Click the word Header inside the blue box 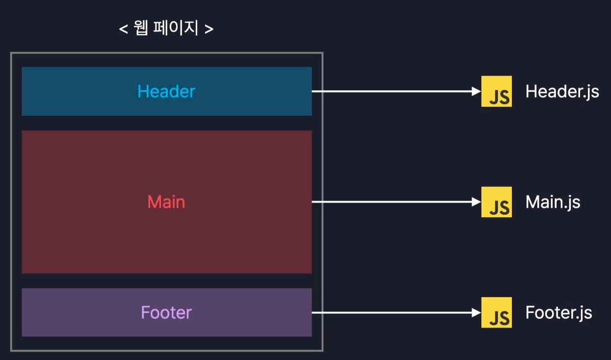coord(166,91)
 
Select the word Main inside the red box coord(166,202)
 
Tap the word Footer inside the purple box coord(166,312)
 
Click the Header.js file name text coord(562,92)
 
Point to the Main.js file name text coord(553,202)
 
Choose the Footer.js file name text coord(558,312)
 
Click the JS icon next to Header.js coord(496,91)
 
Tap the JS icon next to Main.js coord(496,202)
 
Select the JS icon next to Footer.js coord(496,312)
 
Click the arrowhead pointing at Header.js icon coord(476,91)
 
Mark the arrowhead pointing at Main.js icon coord(476,202)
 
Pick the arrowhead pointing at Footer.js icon coord(476,312)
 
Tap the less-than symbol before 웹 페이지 coord(123,29)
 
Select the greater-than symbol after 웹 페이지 coord(209,29)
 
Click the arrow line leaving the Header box coord(393,91)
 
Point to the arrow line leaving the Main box coord(393,202)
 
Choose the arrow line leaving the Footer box coord(393,312)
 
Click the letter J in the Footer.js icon coord(493,319)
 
